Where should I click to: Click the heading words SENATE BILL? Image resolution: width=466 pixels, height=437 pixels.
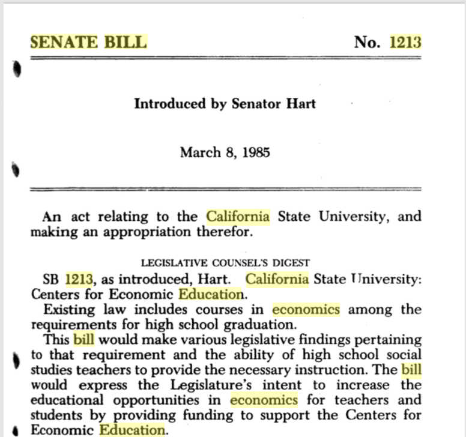tap(88, 42)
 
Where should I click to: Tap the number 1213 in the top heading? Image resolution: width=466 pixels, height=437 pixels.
tap(405, 42)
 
